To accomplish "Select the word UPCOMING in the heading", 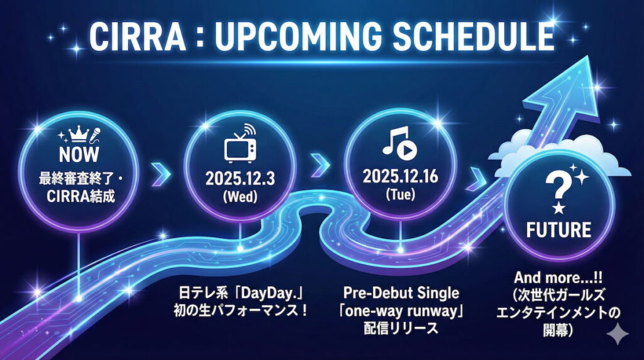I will click(x=298, y=38).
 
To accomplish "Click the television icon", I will click(x=240, y=147).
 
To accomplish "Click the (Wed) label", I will click(x=240, y=196).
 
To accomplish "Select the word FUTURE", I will click(x=558, y=228).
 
